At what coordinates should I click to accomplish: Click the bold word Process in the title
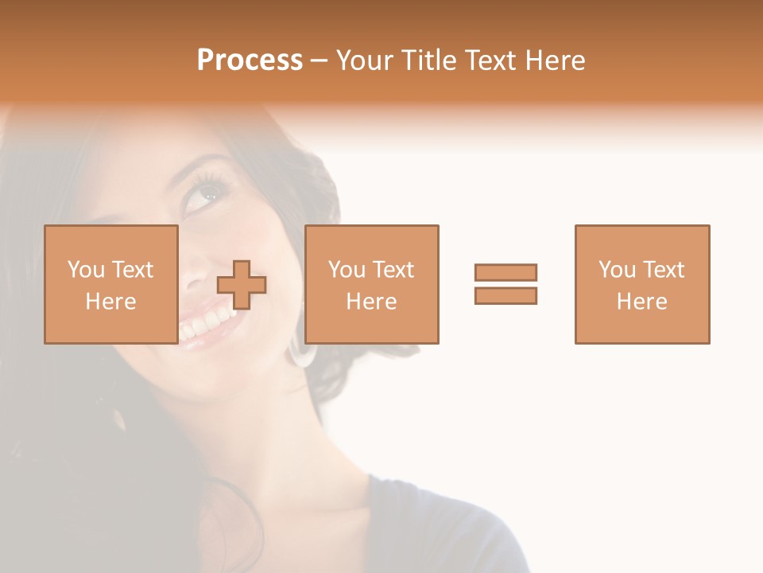(250, 60)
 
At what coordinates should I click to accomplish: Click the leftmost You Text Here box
(110, 284)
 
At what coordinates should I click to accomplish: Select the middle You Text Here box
(371, 284)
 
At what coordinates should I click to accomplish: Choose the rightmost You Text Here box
(641, 284)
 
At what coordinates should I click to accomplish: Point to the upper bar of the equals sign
(505, 272)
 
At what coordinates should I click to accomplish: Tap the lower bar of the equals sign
(505, 295)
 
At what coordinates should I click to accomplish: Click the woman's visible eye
(208, 193)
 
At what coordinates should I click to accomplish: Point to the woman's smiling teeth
(208, 323)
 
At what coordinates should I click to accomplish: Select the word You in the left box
(86, 269)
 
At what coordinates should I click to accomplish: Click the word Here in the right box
(641, 302)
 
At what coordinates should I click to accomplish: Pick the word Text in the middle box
(393, 269)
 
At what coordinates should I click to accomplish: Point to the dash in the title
(319, 61)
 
